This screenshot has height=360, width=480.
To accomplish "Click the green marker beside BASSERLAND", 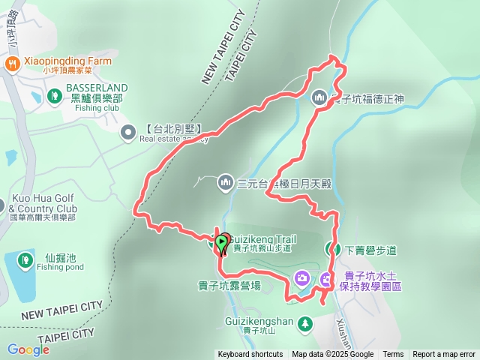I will tap(54, 96).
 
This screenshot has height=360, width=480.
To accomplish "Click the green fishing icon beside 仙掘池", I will tap(25, 261).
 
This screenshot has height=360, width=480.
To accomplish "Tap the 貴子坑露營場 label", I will tap(229, 285).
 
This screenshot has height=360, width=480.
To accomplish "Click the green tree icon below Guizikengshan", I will tap(305, 323).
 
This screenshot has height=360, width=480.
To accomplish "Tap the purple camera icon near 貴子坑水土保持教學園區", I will tap(301, 279).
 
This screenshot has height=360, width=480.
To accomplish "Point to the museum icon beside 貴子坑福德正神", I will tap(319, 97).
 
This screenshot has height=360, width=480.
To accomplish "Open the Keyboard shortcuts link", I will tap(250, 355).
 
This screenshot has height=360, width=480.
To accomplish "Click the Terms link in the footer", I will tap(393, 355).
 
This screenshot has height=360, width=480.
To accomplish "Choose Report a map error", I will tap(444, 355).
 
